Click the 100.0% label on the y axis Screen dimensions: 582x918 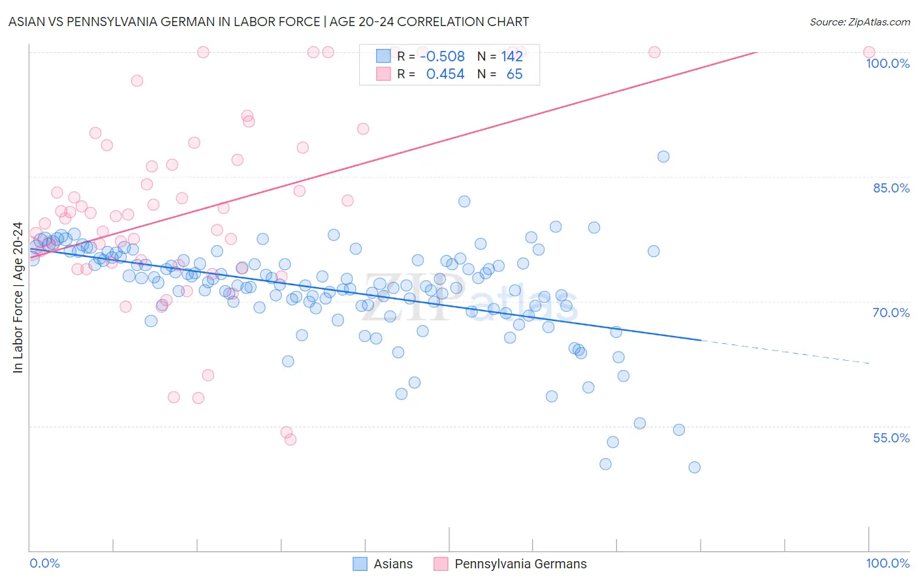(887, 63)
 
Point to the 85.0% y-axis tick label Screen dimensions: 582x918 (891, 188)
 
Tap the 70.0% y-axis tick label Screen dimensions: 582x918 (891, 313)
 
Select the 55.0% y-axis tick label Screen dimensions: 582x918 (891, 438)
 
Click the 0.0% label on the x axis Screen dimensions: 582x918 (44, 563)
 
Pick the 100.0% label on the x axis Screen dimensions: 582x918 (887, 563)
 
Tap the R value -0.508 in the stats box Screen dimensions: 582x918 (442, 57)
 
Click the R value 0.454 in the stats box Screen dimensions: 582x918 (445, 74)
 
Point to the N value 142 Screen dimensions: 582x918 (512, 57)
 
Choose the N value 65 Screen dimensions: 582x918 (514, 74)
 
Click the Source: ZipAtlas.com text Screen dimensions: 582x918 (859, 22)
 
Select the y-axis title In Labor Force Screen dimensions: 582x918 (18, 298)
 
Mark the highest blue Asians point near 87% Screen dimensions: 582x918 (663, 157)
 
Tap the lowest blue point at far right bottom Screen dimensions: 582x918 (694, 467)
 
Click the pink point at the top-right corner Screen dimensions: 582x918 (869, 52)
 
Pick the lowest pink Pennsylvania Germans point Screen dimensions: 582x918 (291, 440)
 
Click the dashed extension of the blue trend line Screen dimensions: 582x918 (783, 352)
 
